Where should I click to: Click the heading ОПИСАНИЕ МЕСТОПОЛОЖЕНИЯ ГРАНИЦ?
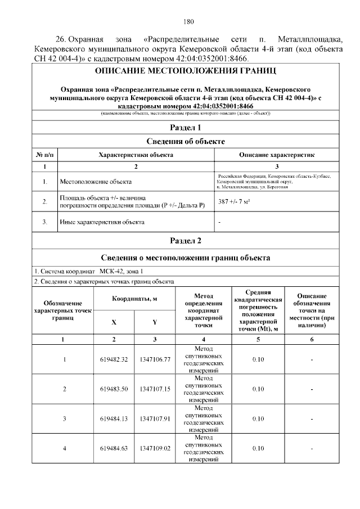tap(185, 72)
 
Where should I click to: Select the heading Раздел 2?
tap(185, 241)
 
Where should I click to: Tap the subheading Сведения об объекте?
tap(185, 141)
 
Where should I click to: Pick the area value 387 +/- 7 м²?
tap(235, 201)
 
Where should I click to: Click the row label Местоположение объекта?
tap(96, 182)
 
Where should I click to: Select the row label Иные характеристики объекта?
tap(102, 222)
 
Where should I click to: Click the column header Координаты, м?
tap(134, 299)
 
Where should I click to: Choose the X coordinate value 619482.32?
tap(114, 359)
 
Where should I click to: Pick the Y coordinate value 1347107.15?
tap(155, 389)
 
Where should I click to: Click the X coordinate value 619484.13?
tap(114, 418)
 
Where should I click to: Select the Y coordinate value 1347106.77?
tap(155, 359)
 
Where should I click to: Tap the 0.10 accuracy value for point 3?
tap(258, 418)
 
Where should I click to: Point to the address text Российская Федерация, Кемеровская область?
tap(274, 177)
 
